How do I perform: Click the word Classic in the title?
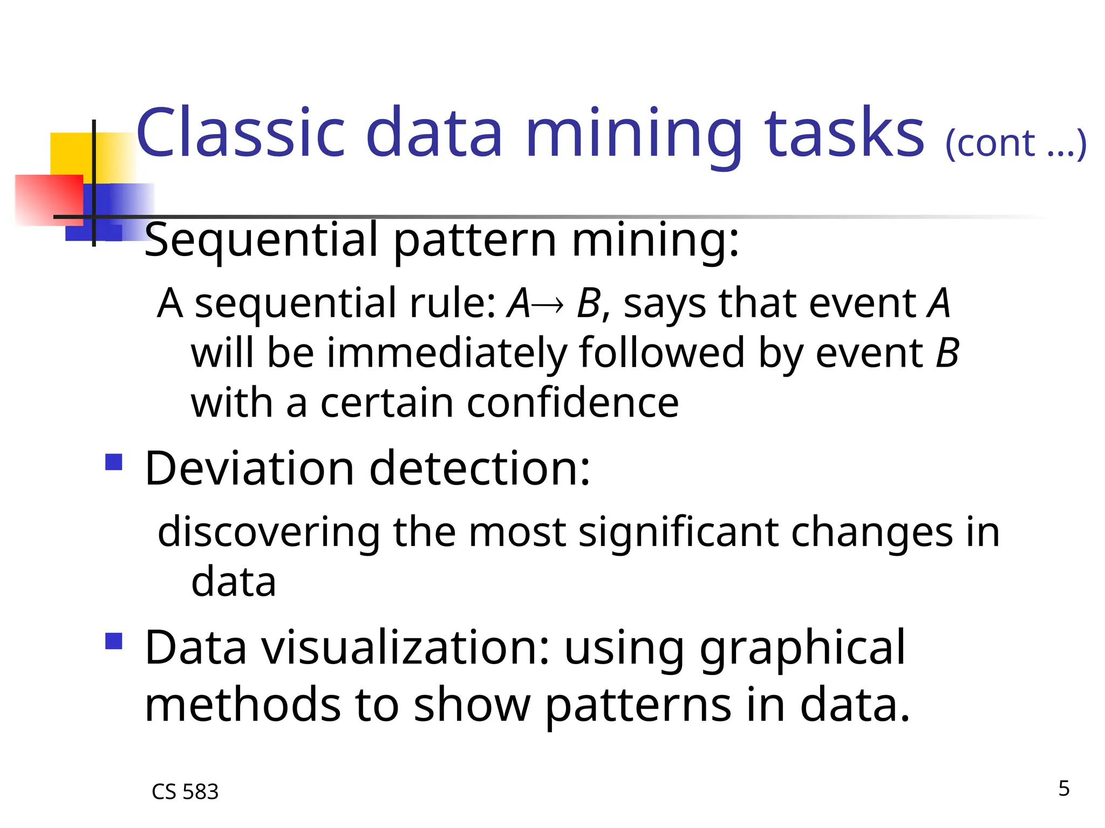pos(241,133)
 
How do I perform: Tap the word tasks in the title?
pos(845,133)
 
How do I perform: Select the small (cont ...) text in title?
pos(1015,144)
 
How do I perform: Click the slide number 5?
pos(1063,788)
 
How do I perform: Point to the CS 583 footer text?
pos(185,792)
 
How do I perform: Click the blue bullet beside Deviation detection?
pos(114,462)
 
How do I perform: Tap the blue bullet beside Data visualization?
pos(114,641)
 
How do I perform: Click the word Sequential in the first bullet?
pos(261,240)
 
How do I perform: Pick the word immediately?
pos(447,354)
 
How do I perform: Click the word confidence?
pos(572,403)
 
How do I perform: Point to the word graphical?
pos(802,648)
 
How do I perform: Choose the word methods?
pos(243,705)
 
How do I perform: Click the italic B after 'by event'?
pos(947,354)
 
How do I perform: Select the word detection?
pos(480,468)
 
